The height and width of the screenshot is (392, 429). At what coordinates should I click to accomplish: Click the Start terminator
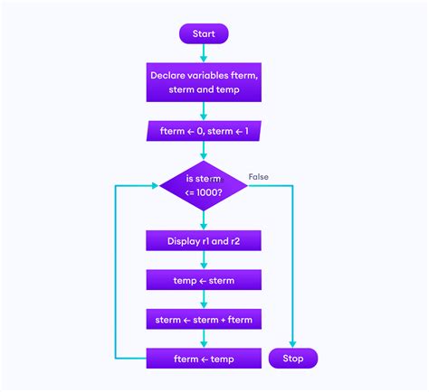(204, 34)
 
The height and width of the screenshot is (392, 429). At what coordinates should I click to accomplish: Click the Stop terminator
(292, 359)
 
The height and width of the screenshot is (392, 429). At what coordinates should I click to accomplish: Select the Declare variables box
(204, 82)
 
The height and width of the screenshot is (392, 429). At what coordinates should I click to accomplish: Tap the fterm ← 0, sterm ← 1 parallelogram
(204, 132)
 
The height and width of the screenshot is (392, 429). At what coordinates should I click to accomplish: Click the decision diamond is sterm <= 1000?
(204, 186)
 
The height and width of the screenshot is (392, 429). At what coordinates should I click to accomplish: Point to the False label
(259, 177)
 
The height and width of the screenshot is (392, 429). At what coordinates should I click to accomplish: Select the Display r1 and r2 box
(204, 241)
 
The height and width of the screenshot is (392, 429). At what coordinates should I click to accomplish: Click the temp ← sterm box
(204, 280)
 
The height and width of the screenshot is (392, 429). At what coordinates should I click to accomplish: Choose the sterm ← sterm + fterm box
(204, 319)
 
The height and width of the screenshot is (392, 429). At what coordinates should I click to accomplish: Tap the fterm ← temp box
(204, 359)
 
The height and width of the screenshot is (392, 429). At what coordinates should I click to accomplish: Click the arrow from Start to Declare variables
(204, 54)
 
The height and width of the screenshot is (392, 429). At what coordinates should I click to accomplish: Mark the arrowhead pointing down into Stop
(292, 343)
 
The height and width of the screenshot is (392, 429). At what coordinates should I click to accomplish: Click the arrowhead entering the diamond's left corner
(155, 187)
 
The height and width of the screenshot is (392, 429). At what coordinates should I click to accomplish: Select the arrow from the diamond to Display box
(204, 220)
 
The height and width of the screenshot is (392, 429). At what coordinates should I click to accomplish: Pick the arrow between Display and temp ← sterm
(204, 260)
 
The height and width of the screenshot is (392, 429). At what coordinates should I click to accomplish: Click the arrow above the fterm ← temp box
(204, 339)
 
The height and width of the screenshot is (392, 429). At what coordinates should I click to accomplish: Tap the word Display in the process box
(186, 241)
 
